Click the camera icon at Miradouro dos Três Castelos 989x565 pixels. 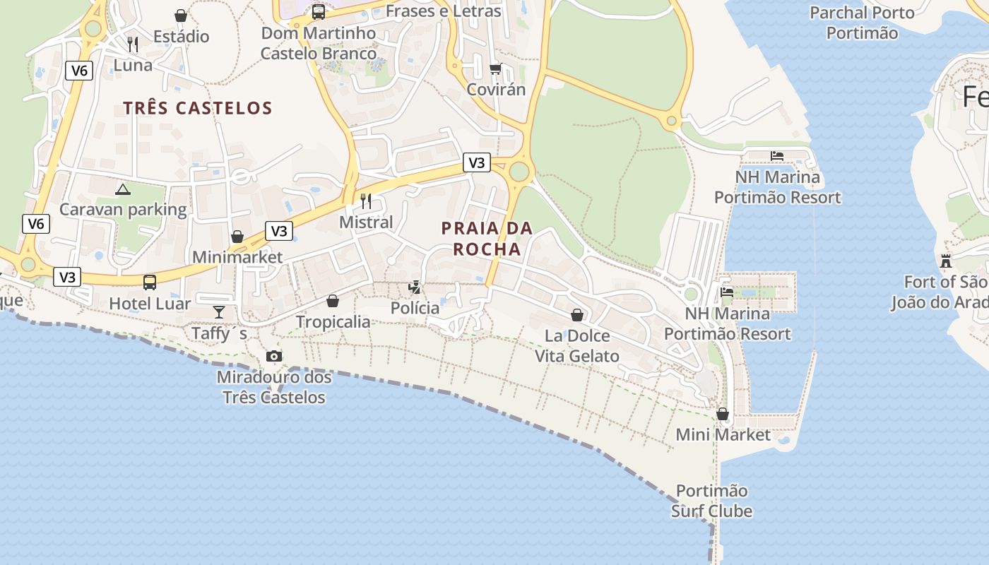point(274,357)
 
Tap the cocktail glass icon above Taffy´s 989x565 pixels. point(219,311)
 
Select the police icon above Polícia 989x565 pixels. point(415,287)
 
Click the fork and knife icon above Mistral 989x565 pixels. point(365,201)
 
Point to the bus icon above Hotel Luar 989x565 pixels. point(150,282)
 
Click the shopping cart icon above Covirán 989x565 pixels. point(495,69)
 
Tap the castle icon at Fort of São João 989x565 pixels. point(946,261)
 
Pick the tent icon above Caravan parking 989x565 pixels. point(123,189)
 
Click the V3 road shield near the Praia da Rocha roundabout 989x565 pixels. point(477,162)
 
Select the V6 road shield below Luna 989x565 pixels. point(80,70)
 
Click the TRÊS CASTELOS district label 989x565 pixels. point(198,108)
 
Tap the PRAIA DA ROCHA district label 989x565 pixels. point(487,239)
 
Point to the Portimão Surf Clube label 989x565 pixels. point(711,501)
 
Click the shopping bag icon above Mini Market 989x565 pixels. point(723,414)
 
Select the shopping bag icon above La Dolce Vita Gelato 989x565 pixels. point(577,315)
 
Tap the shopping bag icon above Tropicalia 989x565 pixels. point(333,302)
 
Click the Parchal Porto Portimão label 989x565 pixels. point(862,23)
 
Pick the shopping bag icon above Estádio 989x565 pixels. point(181,16)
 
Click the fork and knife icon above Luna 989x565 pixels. point(133,44)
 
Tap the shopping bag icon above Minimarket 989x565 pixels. point(237,237)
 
